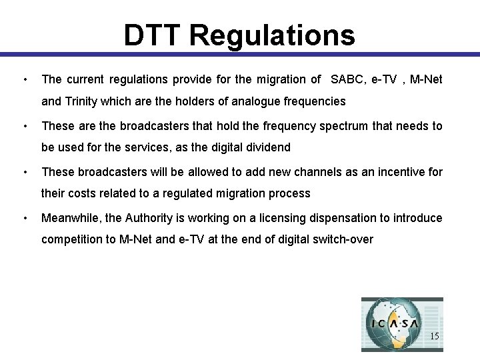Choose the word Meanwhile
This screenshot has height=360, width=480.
(69, 218)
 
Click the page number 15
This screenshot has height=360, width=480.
(434, 337)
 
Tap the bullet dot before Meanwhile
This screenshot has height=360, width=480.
(25, 218)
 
